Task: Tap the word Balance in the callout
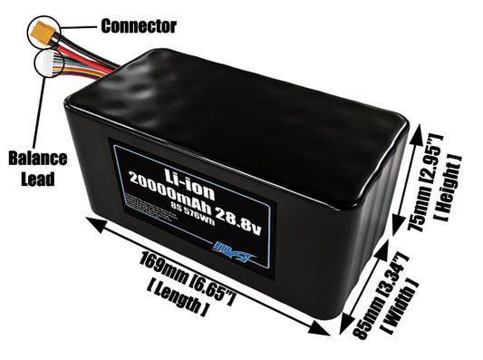(x=38, y=159)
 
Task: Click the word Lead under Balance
(x=38, y=179)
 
